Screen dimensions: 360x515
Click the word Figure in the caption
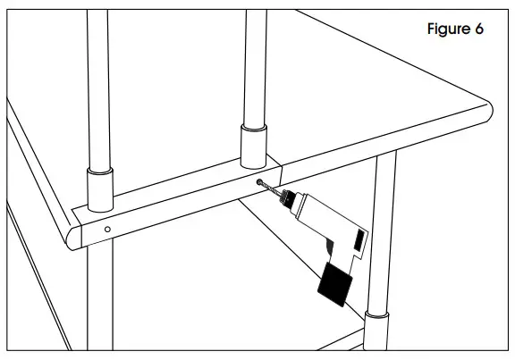446,29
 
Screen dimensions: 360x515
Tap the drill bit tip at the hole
260,182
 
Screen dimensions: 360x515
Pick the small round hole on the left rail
107,230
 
